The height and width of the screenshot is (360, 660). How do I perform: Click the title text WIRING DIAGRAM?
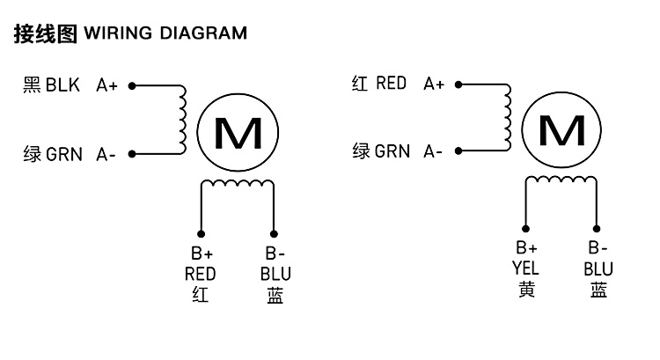[165, 34]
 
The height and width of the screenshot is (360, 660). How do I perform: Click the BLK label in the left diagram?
[62, 85]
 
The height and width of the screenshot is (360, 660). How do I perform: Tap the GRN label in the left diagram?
[64, 154]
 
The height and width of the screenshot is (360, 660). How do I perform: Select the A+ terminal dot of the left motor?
[131, 86]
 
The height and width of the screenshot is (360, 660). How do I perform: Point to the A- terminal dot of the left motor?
[131, 153]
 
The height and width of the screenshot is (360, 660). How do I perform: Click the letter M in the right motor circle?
[561, 131]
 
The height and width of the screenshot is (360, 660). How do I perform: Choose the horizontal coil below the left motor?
[238, 183]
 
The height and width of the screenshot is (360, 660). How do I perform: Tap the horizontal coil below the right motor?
[562, 180]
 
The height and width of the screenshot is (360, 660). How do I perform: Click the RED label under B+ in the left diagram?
[201, 274]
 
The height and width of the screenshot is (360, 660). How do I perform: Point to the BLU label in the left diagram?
[275, 274]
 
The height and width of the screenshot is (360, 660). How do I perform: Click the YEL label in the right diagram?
[525, 269]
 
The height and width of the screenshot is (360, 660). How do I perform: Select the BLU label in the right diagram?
[598, 269]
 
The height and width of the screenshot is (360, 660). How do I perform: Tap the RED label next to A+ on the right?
[391, 84]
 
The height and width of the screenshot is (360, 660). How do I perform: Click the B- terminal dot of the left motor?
[274, 233]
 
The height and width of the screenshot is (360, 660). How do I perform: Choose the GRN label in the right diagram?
[392, 151]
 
